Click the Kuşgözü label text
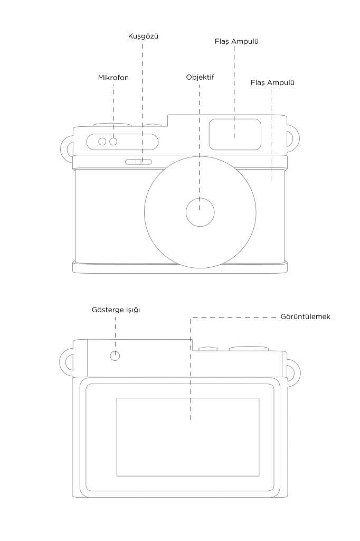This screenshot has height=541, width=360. coord(143,36)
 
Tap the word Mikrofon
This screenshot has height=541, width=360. coord(113,78)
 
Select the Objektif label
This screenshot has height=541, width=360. coord(200,77)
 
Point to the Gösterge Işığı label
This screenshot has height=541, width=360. coord(116,310)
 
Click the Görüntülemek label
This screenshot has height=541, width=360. coord(305,317)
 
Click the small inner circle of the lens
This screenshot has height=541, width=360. coord(200,212)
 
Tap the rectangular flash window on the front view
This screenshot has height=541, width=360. coord(235,135)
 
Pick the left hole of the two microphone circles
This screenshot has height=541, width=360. coord(102,142)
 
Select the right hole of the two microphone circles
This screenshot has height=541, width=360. coord(113,142)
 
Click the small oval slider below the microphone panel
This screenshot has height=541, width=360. coord(138,162)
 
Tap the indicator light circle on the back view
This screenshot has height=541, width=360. coord(115,356)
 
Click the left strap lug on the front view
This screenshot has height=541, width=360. coord(62,148)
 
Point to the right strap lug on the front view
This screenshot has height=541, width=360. coord(297,138)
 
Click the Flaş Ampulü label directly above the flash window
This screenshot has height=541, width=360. coord(236,41)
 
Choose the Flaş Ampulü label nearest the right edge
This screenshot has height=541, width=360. coord(272,83)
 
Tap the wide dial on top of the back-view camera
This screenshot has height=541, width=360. coord(249,349)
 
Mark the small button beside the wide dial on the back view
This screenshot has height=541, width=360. coord(205,349)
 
